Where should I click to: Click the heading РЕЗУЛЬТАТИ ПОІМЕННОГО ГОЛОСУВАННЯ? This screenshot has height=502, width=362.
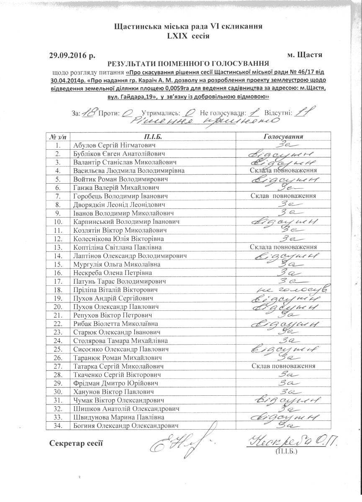coord(188,64)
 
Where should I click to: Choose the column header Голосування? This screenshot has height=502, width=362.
coord(283,137)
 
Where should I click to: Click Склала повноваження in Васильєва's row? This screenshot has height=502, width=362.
coord(283,171)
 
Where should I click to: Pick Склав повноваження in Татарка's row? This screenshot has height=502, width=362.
coord(283,366)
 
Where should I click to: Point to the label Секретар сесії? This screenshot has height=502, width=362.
coord(76,443)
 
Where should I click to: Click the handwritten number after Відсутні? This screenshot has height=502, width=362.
coord(304,111)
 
